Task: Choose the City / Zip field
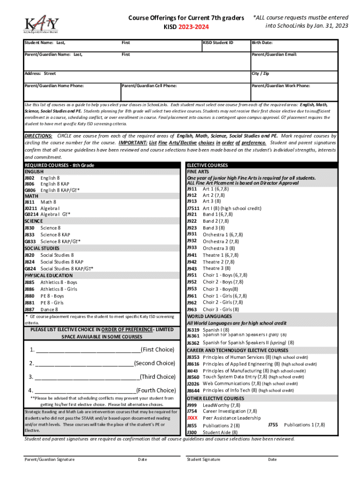point(294,77)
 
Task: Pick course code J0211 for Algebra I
point(30,208)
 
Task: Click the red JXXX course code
point(192,418)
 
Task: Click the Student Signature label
point(203,459)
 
